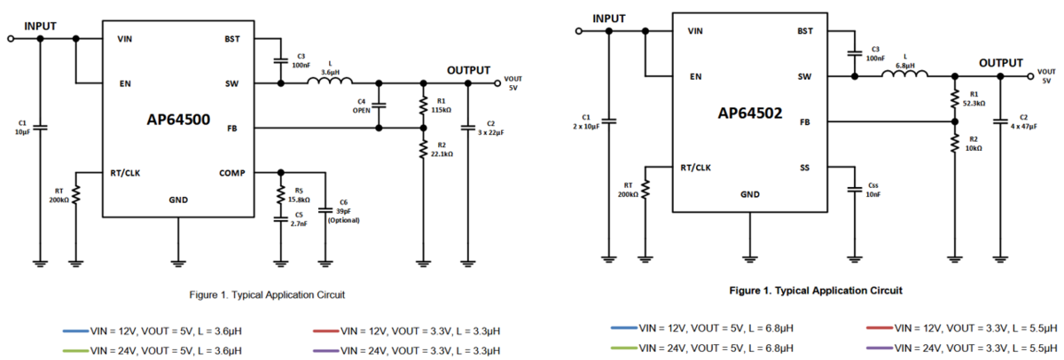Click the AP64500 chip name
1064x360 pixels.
178,119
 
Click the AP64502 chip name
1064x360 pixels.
749,113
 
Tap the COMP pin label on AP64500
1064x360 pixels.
231,173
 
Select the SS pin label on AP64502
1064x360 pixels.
804,168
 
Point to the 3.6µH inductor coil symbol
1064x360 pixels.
330,82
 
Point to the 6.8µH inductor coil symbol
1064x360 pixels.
904,74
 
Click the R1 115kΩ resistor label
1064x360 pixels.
441,106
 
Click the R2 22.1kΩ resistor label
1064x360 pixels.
442,150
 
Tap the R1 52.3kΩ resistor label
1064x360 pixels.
974,98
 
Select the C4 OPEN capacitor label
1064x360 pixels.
361,106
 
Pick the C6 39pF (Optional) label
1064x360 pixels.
343,211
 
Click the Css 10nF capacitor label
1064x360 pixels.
873,190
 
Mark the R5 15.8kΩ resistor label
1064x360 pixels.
298,195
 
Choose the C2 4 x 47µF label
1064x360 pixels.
1023,121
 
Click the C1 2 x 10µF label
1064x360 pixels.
586,121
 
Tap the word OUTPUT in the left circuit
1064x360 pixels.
468,70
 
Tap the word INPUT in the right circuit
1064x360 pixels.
608,19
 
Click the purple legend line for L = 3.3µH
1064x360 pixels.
326,351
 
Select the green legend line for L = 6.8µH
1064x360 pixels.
623,348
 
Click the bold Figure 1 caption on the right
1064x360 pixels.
816,291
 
